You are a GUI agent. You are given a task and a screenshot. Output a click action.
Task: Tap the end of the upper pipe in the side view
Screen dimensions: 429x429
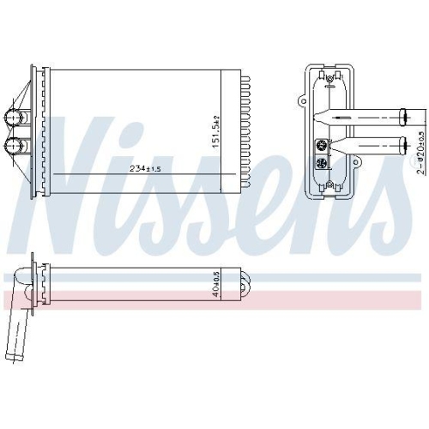[404, 114]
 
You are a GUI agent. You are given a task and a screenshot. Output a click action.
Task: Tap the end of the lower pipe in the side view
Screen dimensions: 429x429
[404, 142]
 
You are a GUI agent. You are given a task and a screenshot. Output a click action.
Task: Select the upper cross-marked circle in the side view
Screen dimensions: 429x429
[323, 144]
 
